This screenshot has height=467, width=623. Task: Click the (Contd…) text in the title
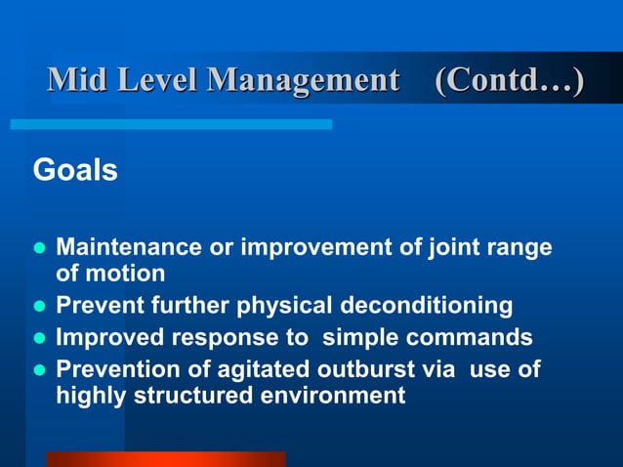point(509,81)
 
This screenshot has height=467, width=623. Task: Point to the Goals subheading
point(75,171)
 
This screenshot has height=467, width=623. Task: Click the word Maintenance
point(130,247)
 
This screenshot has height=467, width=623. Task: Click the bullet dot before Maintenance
point(40,248)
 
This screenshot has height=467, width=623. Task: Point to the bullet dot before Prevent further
point(40,307)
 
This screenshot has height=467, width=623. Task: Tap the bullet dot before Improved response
point(40,339)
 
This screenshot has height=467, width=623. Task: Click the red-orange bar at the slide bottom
point(166,459)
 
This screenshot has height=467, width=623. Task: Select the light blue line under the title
point(171,124)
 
